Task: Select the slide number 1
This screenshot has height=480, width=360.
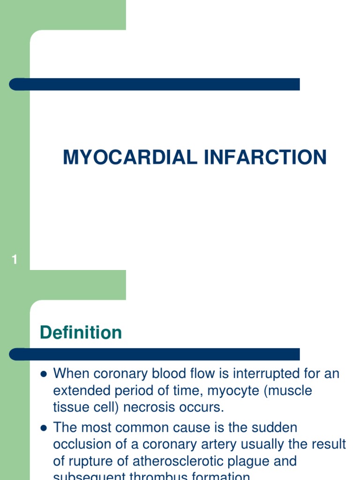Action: click(15, 259)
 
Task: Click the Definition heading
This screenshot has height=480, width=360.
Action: click(81, 333)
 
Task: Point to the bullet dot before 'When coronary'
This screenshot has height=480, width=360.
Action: click(44, 375)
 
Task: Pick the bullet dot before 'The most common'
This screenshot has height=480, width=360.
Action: click(44, 428)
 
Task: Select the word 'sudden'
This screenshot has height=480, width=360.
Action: click(274, 427)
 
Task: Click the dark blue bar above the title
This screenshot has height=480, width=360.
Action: click(155, 84)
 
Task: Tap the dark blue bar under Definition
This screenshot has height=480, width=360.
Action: click(155, 354)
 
